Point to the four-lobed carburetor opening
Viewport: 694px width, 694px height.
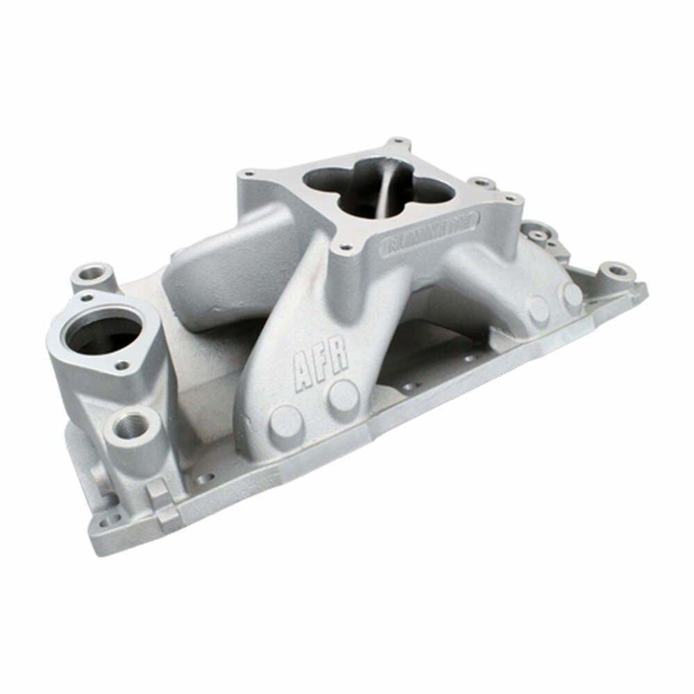pos(378,185)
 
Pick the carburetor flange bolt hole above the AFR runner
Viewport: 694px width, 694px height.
pos(344,246)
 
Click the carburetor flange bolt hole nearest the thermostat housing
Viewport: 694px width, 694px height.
pos(249,173)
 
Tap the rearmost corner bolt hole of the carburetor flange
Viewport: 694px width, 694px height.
pos(398,142)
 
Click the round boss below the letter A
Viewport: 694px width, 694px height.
pos(286,421)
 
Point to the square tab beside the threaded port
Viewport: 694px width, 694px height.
pos(159,491)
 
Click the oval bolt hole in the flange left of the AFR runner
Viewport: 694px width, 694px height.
pos(205,478)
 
